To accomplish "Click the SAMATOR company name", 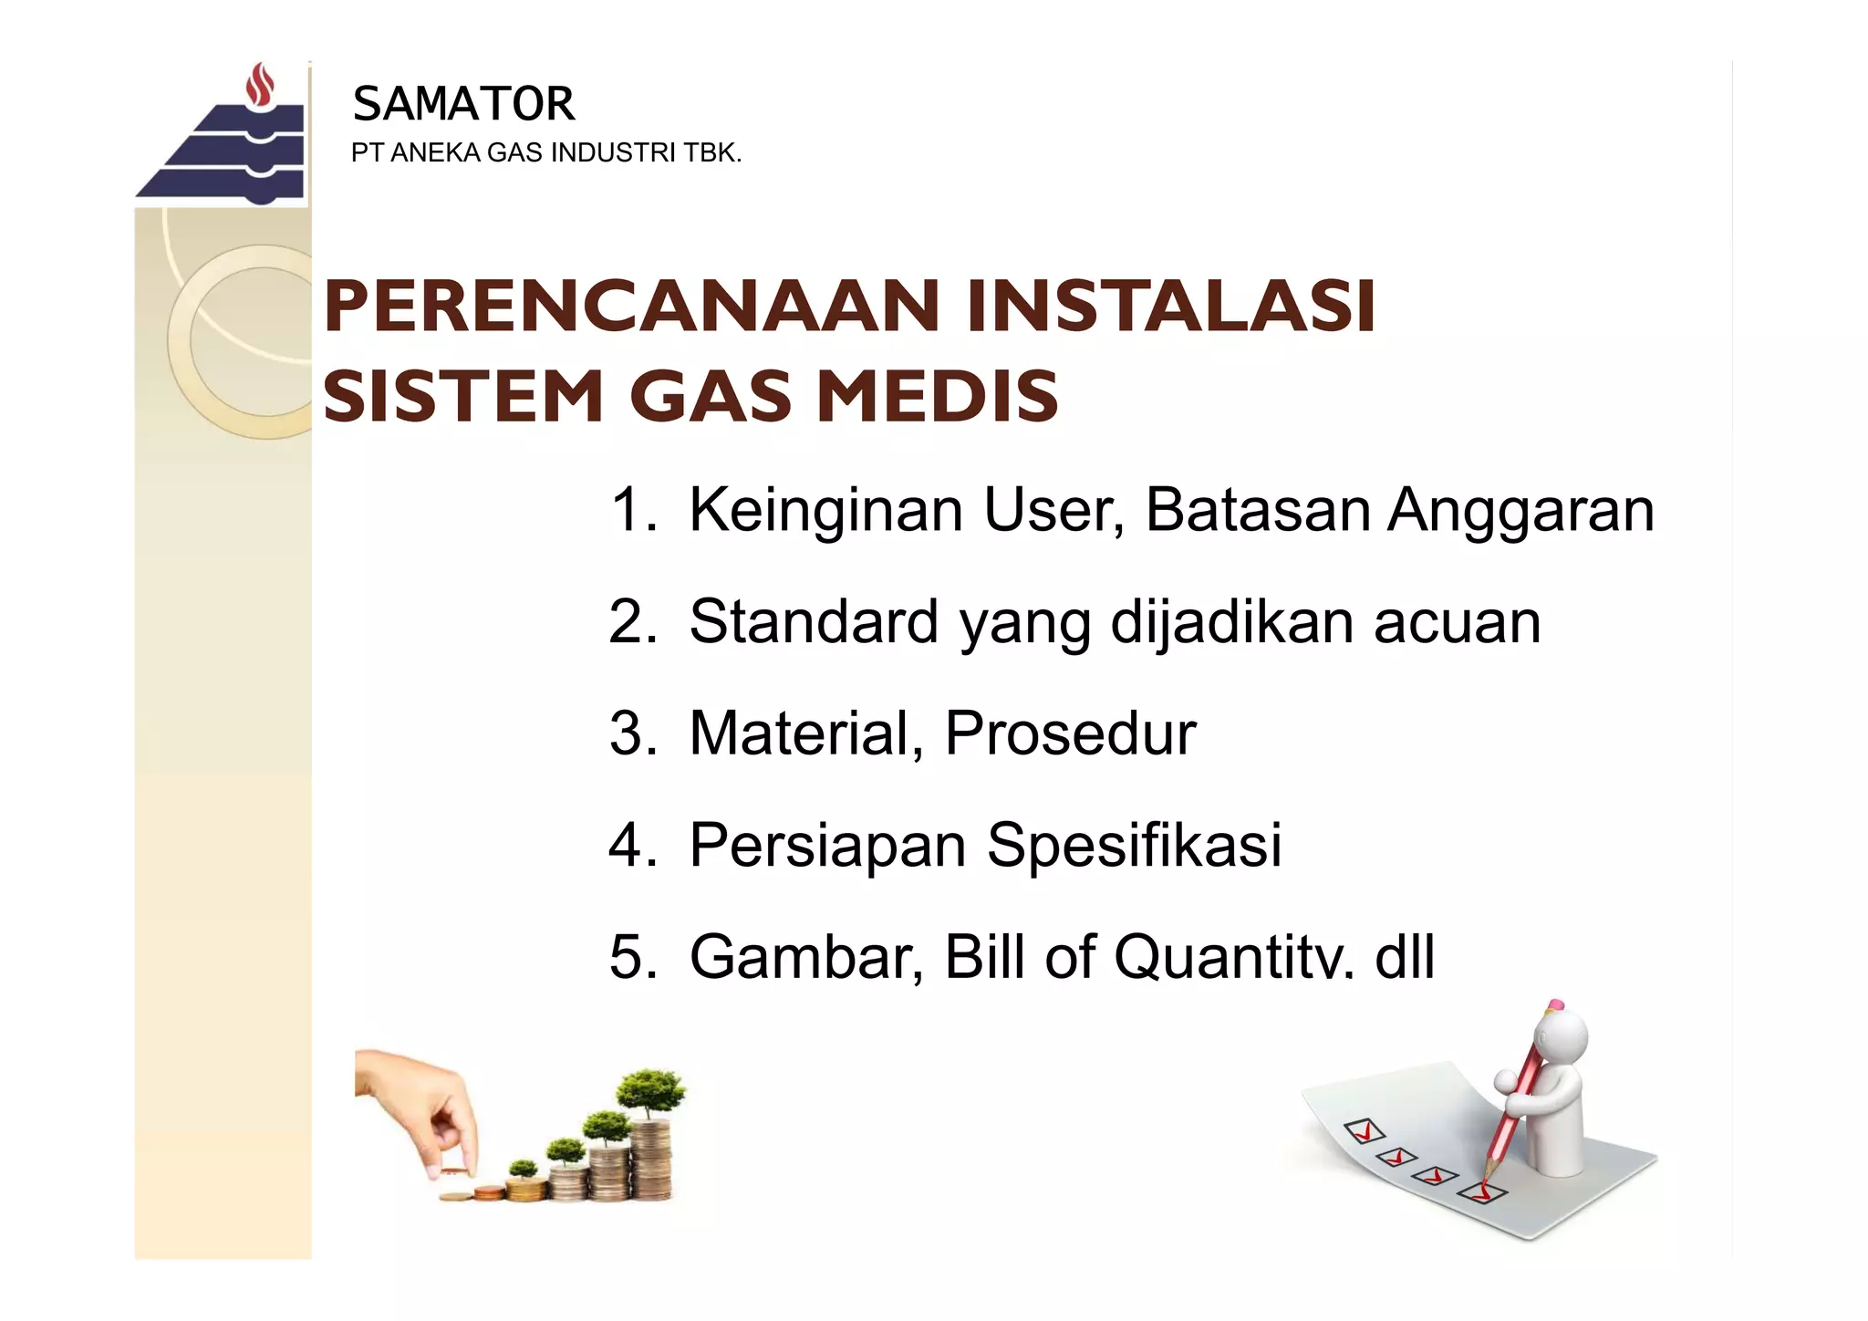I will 463,104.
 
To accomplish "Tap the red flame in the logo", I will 262,84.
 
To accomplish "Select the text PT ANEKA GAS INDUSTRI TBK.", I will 545,153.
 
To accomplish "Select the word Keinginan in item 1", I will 825,510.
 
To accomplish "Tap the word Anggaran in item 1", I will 1520,510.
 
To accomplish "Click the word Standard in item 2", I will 814,622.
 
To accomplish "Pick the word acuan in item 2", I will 1457,622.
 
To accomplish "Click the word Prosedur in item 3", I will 1070,733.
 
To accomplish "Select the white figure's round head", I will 1562,1040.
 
